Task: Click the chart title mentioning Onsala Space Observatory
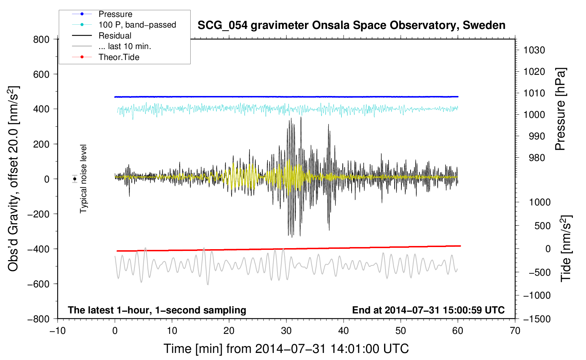click(351, 25)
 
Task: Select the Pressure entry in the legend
click(115, 14)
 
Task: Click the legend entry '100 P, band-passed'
click(137, 25)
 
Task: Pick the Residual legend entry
click(115, 36)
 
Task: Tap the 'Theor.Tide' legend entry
click(119, 57)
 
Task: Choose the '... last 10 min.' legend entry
click(125, 46)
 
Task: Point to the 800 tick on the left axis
click(41, 39)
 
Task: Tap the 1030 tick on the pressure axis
click(534, 50)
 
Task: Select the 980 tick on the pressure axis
click(537, 158)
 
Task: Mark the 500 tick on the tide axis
click(542, 226)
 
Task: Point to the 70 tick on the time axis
click(515, 331)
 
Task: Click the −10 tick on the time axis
click(58, 331)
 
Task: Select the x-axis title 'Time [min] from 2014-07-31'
click(286, 349)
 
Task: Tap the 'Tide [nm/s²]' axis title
click(566, 248)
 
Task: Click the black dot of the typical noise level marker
click(74, 179)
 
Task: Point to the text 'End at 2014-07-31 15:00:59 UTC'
click(428, 310)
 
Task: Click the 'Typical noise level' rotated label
click(83, 179)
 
